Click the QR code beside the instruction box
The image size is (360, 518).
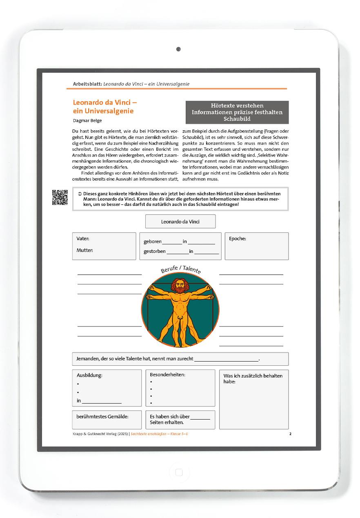tap(60, 198)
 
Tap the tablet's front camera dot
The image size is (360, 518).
tap(178, 49)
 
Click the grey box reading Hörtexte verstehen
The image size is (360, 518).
tap(237, 112)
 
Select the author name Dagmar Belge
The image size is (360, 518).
tap(87, 121)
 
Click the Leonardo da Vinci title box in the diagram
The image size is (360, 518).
tap(180, 222)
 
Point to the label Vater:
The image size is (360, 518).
tap(83, 239)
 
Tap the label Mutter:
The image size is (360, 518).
tap(85, 250)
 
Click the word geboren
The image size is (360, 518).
tap(153, 241)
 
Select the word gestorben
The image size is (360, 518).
tap(155, 251)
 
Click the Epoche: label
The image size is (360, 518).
tap(238, 239)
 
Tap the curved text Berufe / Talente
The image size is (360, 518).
tap(180, 269)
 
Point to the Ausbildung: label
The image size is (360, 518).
tap(89, 375)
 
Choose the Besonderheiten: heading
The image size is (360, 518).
tap(168, 374)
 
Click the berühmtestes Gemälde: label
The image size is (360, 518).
tap(102, 417)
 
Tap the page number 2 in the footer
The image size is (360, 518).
tap(290, 434)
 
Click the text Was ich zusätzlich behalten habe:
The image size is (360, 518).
tap(253, 378)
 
